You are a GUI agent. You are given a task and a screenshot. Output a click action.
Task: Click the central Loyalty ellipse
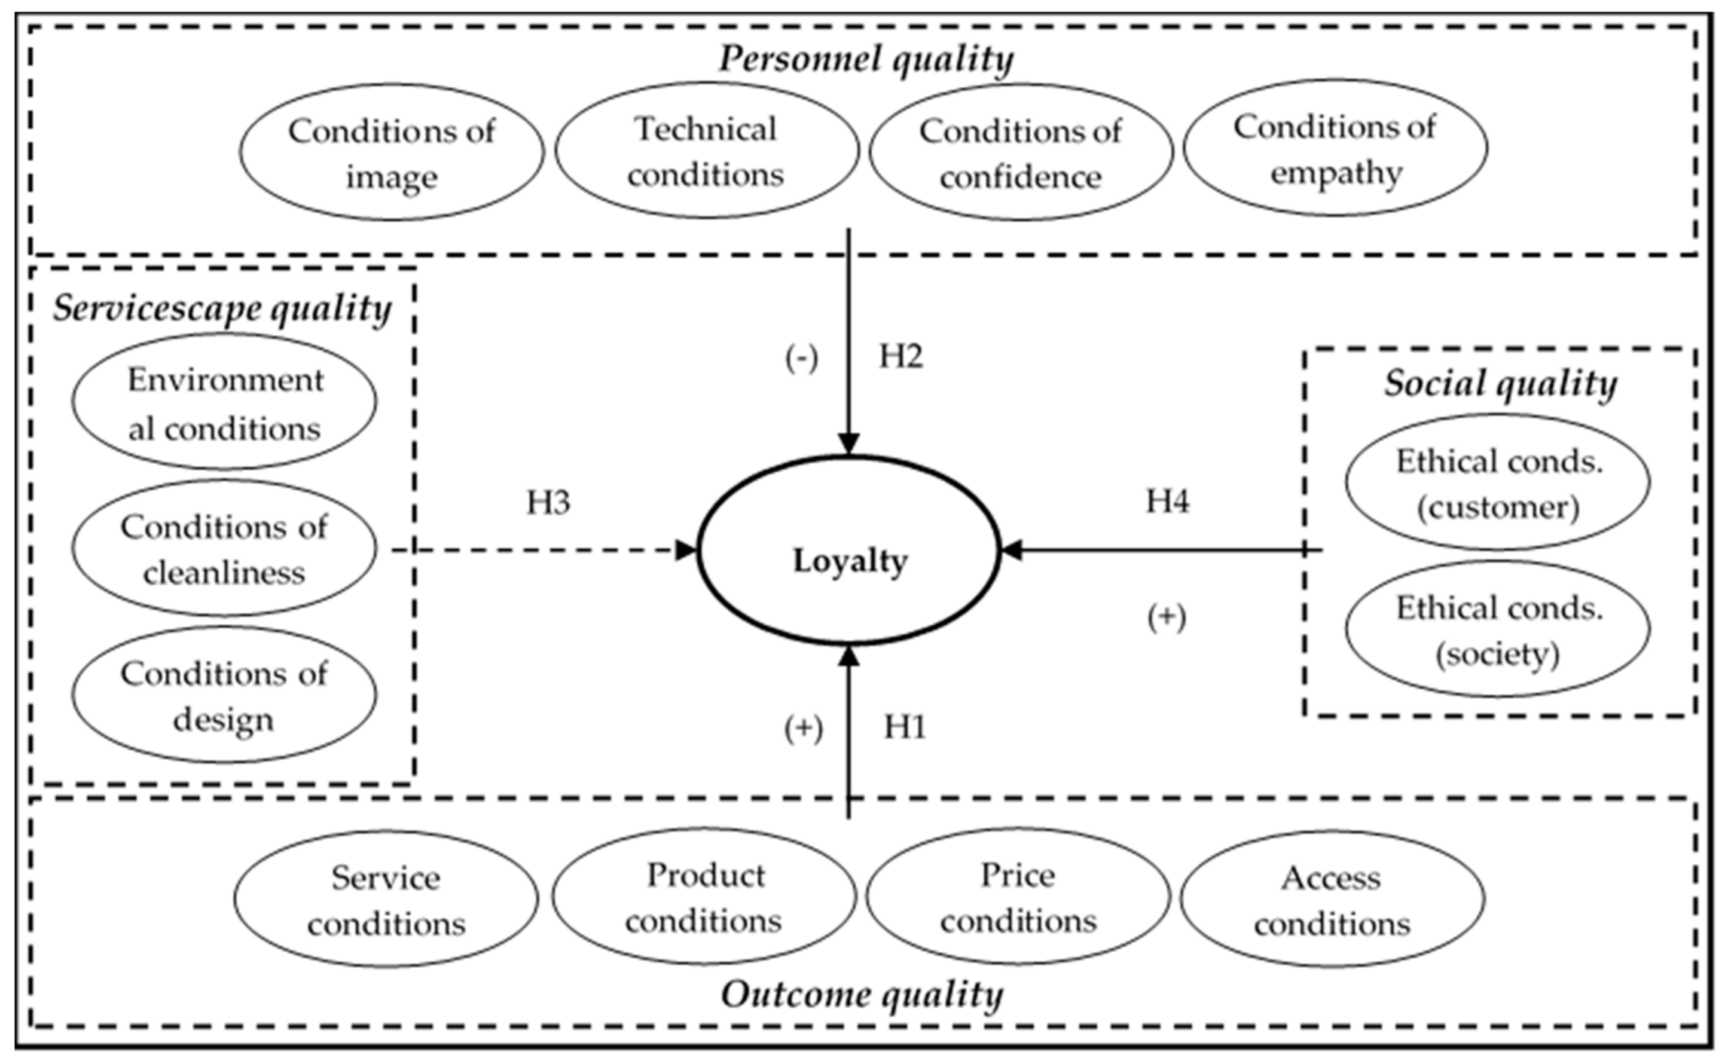(x=849, y=551)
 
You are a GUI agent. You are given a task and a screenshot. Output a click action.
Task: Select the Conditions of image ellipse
(x=392, y=152)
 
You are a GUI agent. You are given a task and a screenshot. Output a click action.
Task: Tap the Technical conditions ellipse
(x=706, y=150)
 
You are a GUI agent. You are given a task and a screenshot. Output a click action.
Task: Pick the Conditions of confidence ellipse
(x=1021, y=152)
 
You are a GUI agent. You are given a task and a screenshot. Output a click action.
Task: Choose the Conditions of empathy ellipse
(x=1335, y=148)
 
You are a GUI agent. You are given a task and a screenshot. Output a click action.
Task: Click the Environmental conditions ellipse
(x=224, y=402)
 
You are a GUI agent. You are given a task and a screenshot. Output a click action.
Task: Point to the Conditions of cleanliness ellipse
(x=224, y=548)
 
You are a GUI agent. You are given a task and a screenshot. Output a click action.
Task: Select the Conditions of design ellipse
(x=224, y=695)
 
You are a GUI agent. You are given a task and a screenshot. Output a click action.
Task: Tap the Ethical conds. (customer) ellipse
(x=1498, y=483)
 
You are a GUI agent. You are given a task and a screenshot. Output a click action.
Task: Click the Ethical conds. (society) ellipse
(x=1498, y=629)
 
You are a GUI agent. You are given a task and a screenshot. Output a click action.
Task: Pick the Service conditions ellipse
(x=386, y=900)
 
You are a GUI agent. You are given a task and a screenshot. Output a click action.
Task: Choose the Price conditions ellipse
(x=1018, y=897)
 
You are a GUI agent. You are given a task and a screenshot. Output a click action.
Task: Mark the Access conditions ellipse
(x=1332, y=900)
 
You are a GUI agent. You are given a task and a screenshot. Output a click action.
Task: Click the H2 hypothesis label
(x=901, y=357)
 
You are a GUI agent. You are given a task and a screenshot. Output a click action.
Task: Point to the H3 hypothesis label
(x=548, y=503)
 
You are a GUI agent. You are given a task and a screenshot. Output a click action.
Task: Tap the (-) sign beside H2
(x=802, y=359)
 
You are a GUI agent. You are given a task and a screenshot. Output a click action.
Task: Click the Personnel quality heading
(x=866, y=59)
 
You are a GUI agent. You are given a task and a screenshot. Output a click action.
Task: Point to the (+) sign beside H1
(x=803, y=729)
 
